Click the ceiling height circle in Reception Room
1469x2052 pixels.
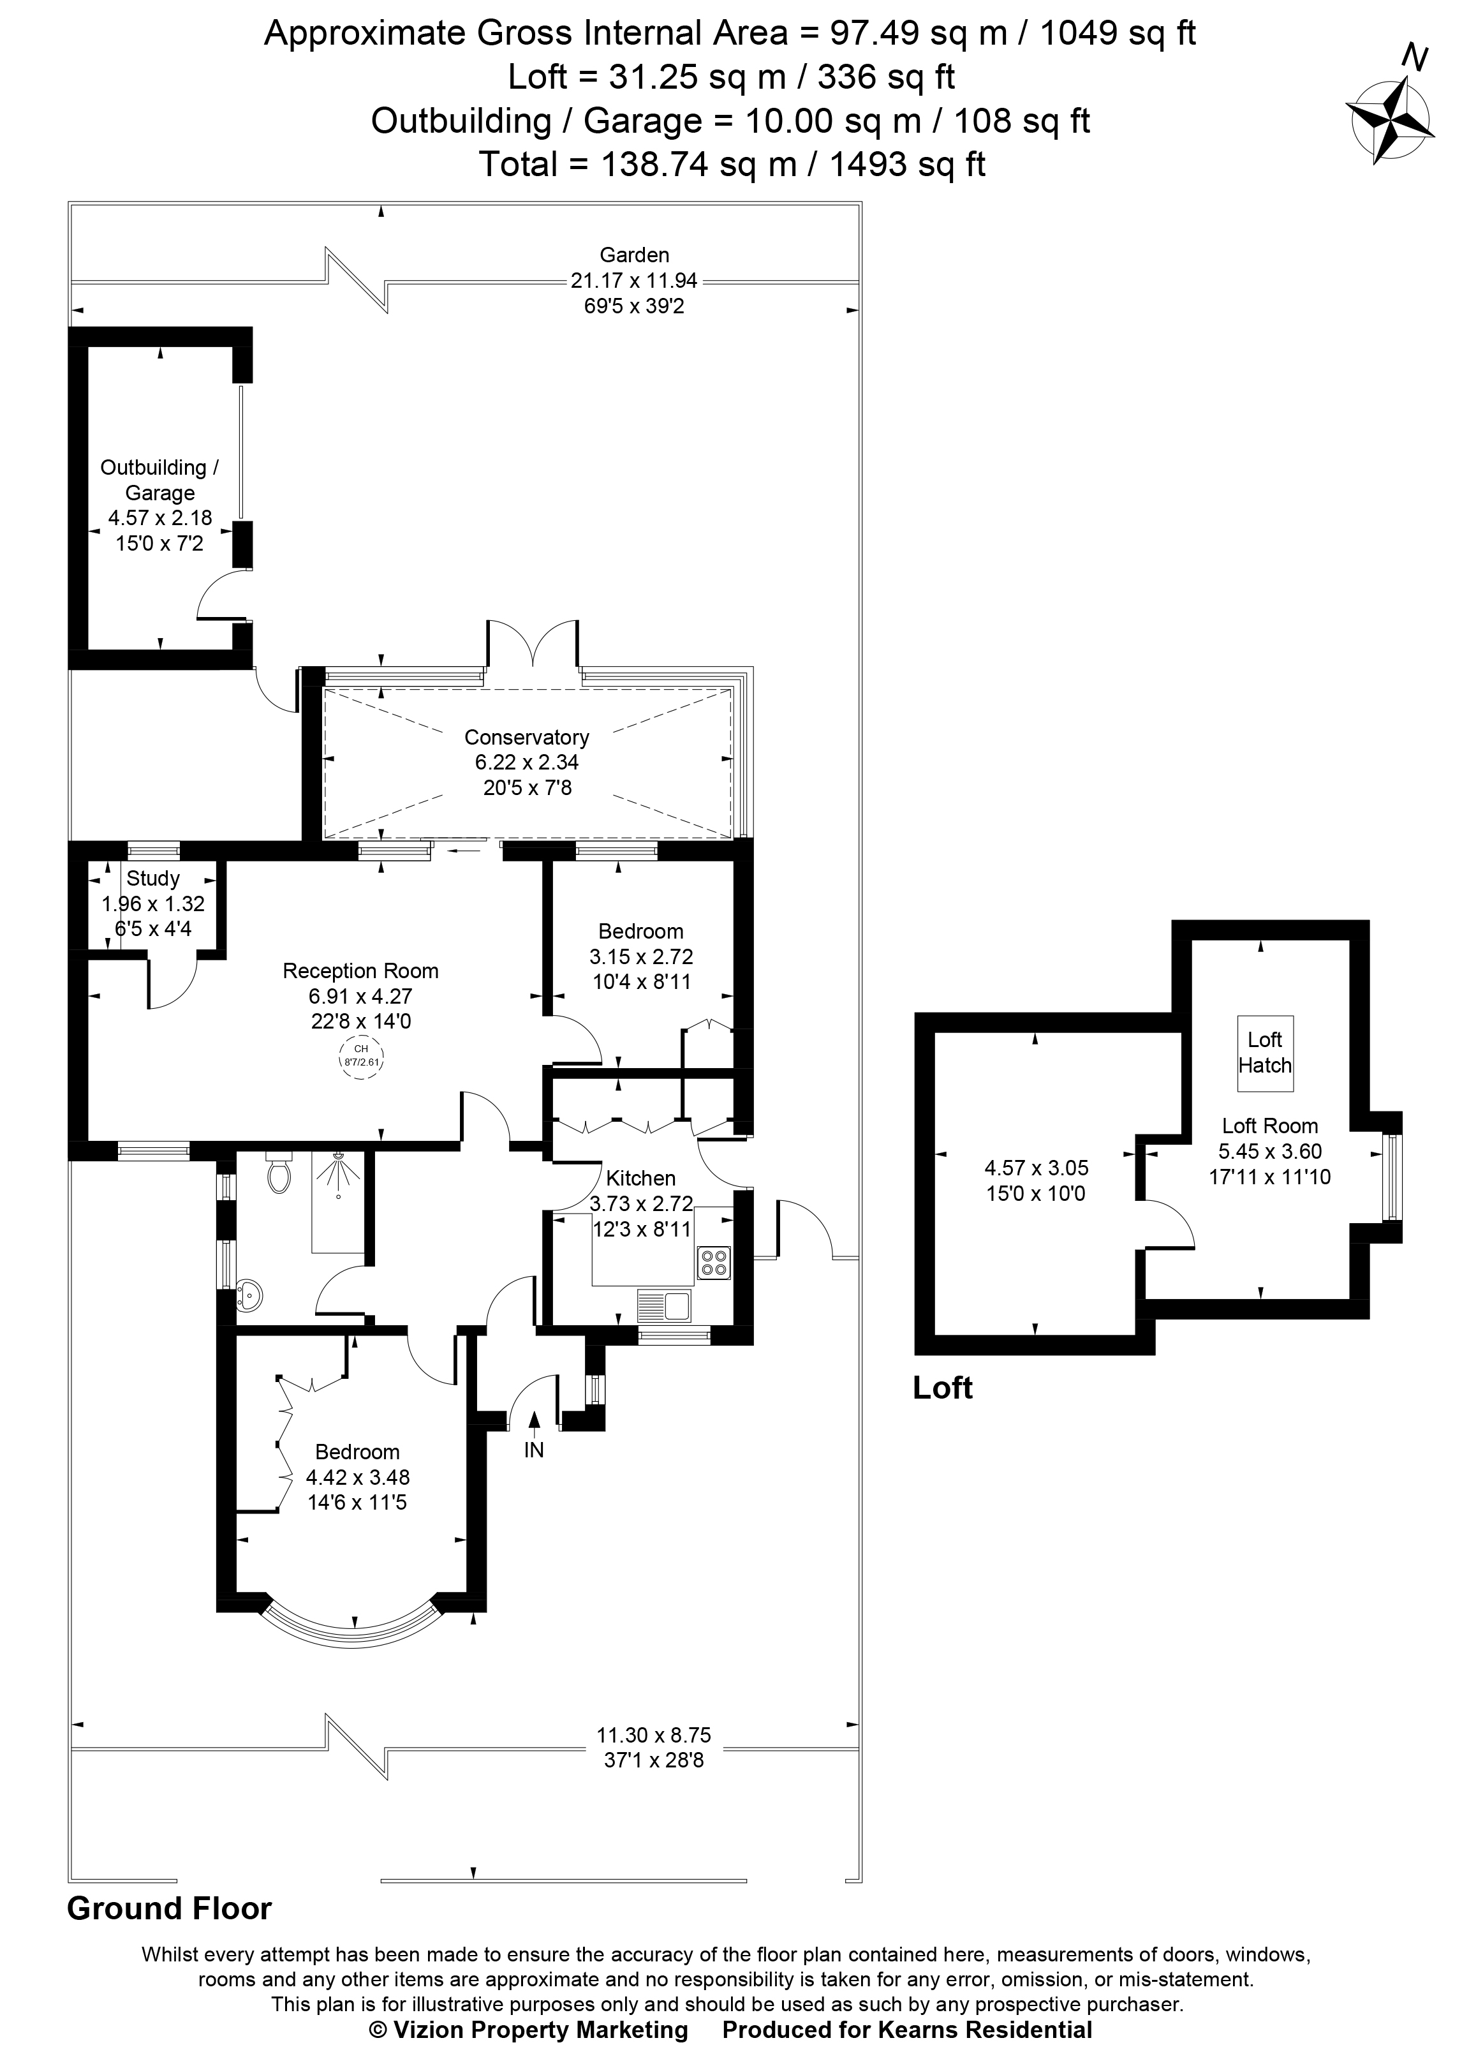coord(361,1056)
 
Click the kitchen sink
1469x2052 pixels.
coord(665,1305)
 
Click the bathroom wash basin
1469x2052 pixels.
coord(246,1297)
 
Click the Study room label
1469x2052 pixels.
coord(153,879)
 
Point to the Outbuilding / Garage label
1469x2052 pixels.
coord(159,480)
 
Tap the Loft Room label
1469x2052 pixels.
coord(1269,1126)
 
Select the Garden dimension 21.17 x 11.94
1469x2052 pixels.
coord(633,281)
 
